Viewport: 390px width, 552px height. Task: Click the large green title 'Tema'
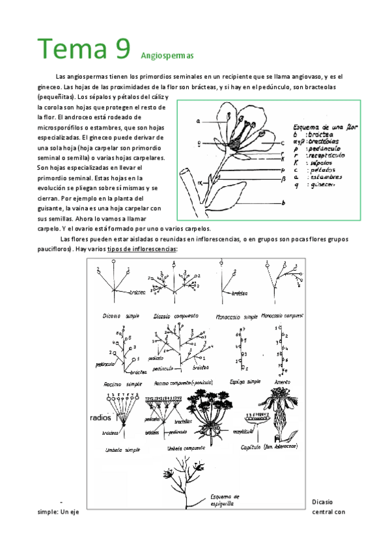[74, 49]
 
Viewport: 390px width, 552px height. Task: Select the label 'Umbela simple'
[120, 450]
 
